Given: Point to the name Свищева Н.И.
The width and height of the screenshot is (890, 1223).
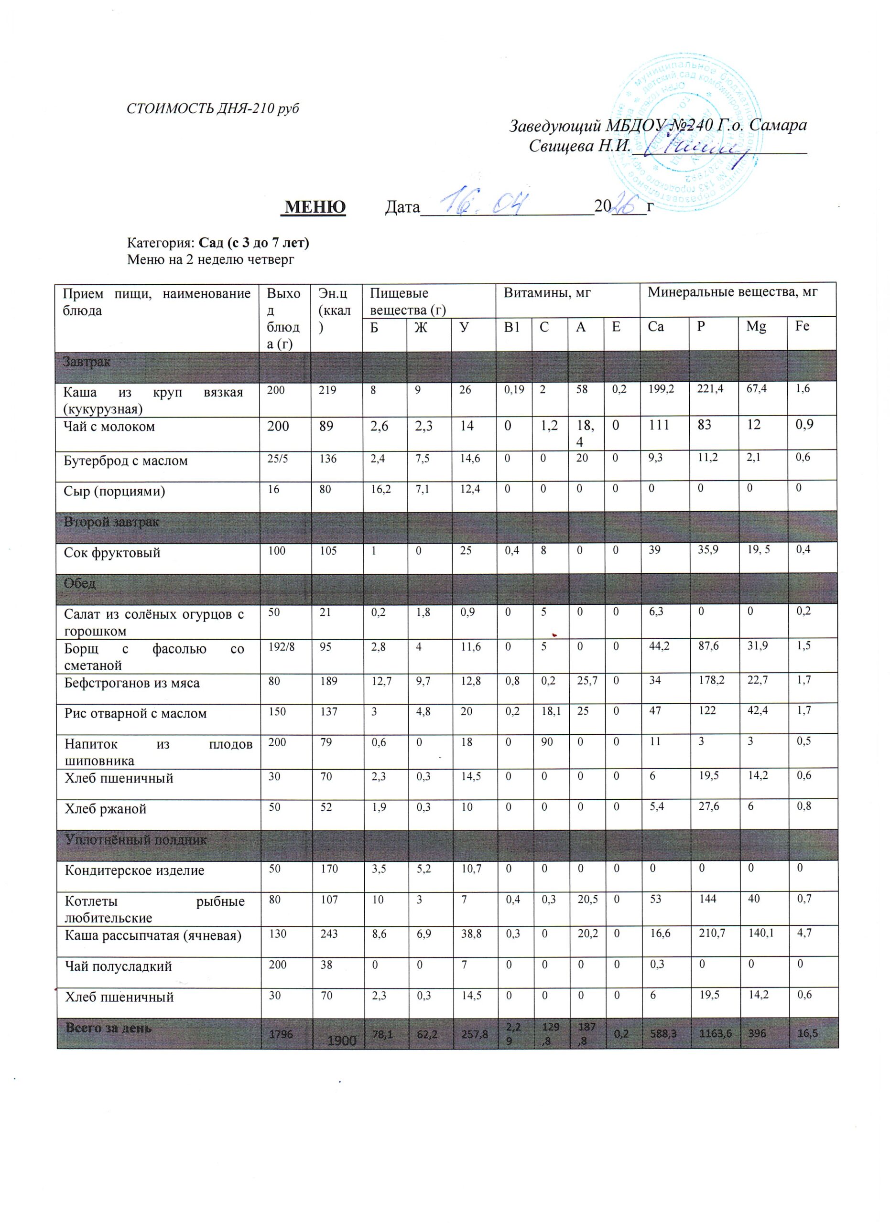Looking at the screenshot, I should (x=579, y=146).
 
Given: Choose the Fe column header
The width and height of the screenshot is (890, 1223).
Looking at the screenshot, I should (x=802, y=326).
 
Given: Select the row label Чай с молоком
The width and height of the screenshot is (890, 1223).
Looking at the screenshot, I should (x=109, y=427).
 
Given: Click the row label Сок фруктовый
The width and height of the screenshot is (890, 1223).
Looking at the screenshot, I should (x=112, y=553).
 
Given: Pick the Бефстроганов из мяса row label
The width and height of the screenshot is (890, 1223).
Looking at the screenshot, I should (x=132, y=683).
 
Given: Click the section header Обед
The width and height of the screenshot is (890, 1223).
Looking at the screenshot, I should (x=80, y=584).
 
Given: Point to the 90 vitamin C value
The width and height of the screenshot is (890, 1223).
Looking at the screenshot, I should (x=547, y=741).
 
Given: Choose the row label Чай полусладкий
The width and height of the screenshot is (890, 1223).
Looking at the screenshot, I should (x=118, y=966).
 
